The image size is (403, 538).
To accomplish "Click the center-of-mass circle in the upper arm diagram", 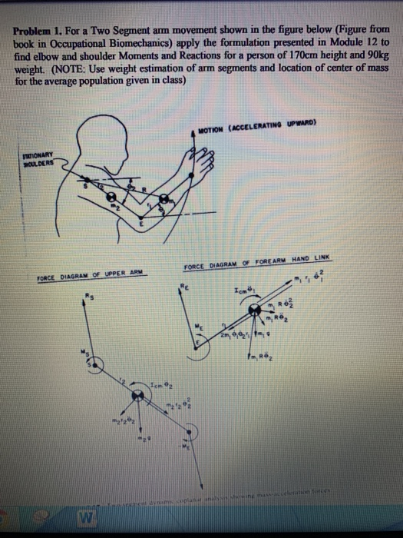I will point(139,394).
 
